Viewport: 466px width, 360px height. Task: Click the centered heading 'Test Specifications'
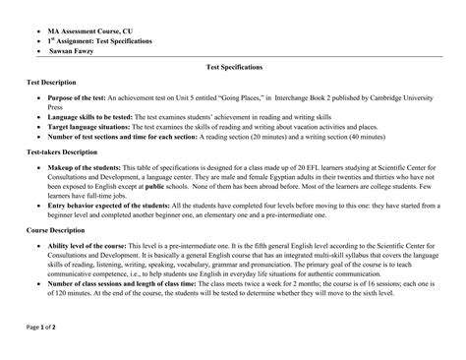[233, 67]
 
